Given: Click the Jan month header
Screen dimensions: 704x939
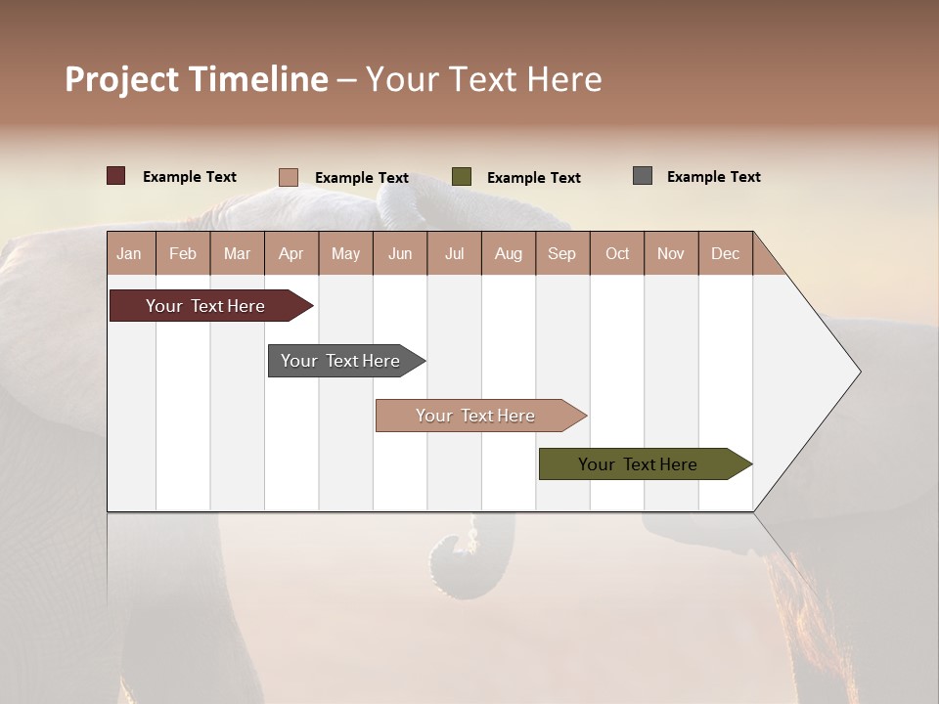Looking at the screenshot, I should [130, 253].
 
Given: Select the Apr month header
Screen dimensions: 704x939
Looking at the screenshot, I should [291, 253].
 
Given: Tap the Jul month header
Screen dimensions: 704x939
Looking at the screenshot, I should [454, 253].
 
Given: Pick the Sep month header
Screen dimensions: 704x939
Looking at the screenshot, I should [562, 253].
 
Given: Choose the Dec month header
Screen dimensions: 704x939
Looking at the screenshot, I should [725, 253].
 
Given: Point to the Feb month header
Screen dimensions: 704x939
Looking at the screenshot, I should [183, 253].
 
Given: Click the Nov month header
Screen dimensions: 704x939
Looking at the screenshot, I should [671, 253].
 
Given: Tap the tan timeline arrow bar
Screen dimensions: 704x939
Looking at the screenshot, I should [477, 416].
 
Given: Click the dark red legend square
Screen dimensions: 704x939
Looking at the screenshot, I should [116, 176].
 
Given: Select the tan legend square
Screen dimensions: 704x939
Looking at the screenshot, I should [289, 177].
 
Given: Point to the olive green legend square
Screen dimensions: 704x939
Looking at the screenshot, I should [462, 176].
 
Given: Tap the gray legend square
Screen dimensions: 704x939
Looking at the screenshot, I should [643, 176].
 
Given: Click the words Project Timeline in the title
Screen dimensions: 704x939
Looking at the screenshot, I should [197, 79].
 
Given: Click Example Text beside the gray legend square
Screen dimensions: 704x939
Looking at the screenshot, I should [713, 177].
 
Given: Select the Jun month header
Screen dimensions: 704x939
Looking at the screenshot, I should [400, 253].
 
